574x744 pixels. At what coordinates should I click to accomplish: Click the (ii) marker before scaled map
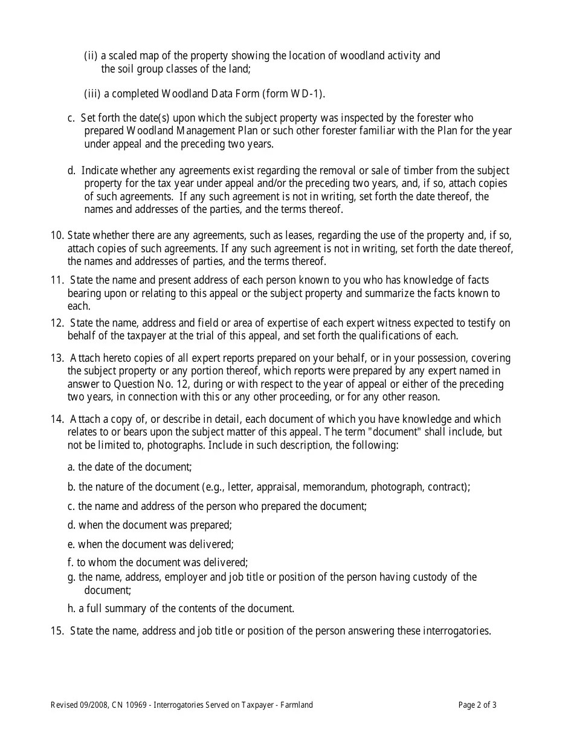(90, 56)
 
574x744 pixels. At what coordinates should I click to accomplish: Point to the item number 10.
(57, 235)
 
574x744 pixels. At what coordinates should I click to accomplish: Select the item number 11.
(57, 280)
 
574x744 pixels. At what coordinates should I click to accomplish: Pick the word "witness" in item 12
(427, 323)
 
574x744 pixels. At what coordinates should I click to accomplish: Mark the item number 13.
(57, 358)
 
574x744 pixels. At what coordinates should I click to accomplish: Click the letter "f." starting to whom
(71, 563)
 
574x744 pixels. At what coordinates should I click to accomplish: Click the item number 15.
(57, 631)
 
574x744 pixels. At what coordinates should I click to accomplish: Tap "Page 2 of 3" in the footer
(477, 705)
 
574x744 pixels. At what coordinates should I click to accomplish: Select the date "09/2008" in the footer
(94, 705)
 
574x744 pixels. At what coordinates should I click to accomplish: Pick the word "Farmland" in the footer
(297, 705)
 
